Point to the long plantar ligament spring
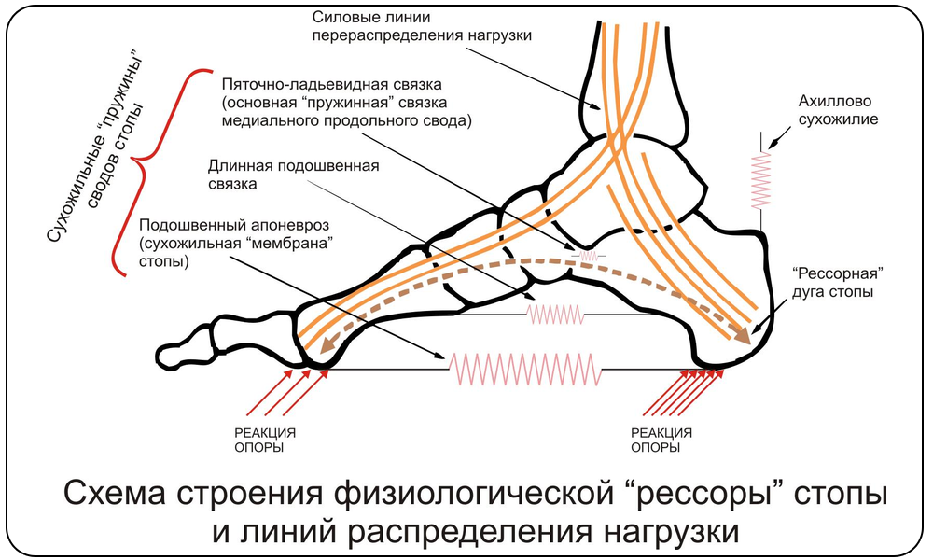(x=556, y=315)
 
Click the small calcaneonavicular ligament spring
(x=589, y=255)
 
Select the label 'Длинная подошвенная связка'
(x=293, y=175)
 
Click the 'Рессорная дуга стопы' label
(x=837, y=284)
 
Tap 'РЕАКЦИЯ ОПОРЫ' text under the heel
(x=661, y=440)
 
